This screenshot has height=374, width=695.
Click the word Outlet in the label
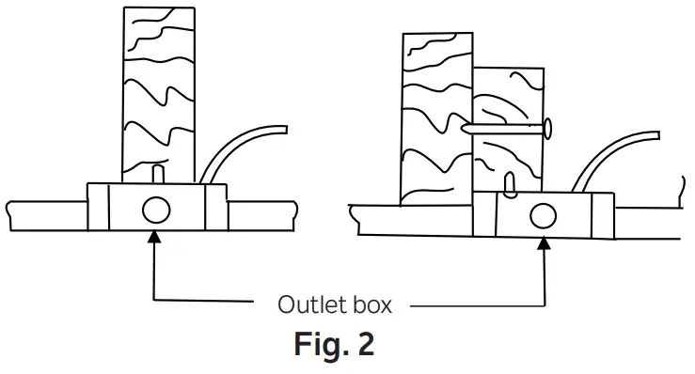pos(308,304)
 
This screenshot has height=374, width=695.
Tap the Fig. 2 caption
pos(335,343)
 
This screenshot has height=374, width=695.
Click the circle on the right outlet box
pos(542,215)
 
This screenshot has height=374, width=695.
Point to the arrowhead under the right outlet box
pos(544,242)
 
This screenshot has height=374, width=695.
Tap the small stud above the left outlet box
pos(156,174)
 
